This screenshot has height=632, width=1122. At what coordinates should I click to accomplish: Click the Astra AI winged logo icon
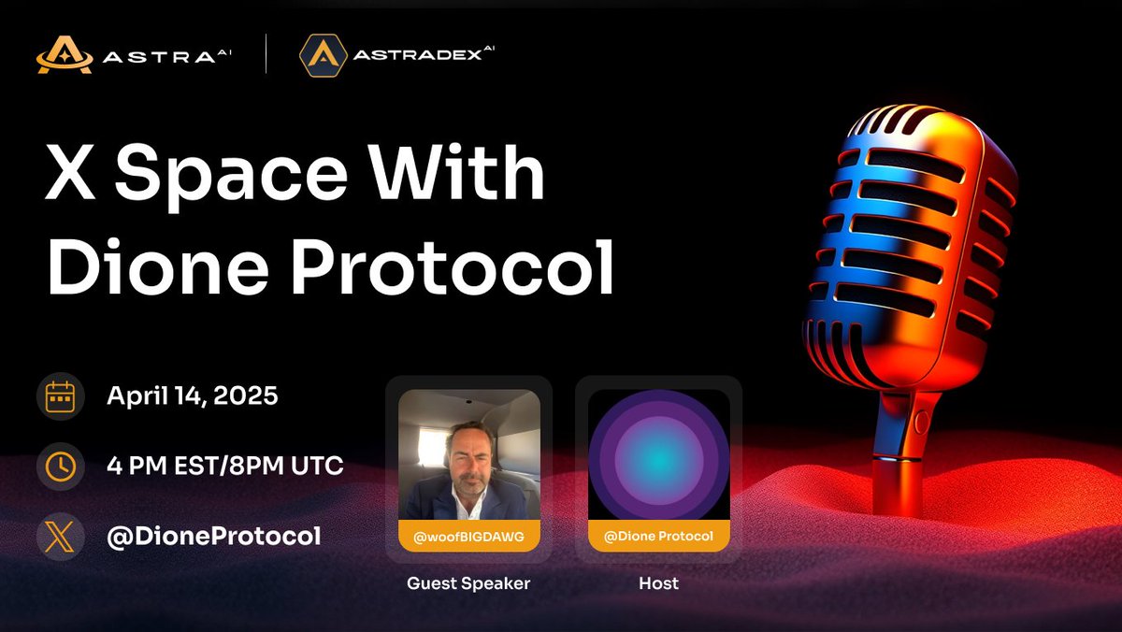[x=65, y=54]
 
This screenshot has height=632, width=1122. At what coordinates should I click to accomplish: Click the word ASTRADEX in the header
[x=416, y=55]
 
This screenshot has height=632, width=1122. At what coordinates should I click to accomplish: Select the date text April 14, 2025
[x=193, y=395]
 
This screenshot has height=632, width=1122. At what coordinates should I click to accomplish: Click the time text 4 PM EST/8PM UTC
[x=225, y=466]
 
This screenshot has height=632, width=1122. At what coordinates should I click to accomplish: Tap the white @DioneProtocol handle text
[x=214, y=536]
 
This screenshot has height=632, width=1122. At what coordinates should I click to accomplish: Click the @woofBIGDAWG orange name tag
[x=468, y=536]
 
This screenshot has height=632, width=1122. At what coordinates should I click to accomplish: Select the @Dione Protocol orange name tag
[x=658, y=536]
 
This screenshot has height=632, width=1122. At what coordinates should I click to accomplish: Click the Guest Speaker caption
[x=468, y=583]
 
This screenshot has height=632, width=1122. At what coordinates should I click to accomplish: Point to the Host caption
[x=658, y=583]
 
